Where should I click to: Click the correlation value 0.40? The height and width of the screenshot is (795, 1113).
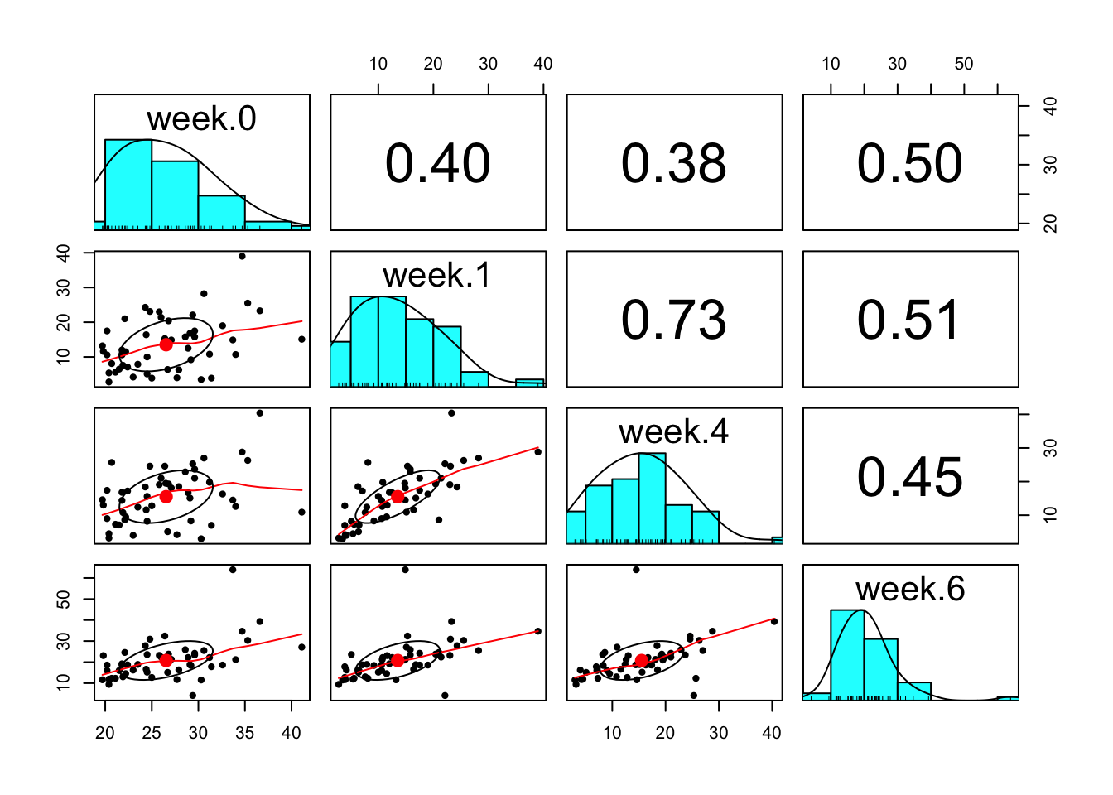(437, 163)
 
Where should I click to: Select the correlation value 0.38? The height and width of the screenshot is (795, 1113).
(674, 163)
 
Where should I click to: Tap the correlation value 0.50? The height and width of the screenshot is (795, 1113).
(910, 163)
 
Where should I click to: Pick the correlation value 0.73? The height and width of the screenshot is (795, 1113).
(674, 320)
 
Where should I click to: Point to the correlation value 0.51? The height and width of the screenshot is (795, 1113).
(910, 320)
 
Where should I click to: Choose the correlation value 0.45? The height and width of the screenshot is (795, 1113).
(910, 477)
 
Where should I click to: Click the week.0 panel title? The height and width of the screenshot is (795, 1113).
(201, 119)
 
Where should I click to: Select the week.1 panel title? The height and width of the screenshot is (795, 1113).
(437, 276)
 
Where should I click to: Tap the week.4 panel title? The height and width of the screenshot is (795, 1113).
(673, 432)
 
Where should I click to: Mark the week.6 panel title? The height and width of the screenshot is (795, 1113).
(910, 590)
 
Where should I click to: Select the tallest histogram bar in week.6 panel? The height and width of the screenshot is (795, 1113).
(847, 654)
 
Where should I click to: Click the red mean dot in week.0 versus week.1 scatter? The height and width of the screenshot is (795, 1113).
(166, 344)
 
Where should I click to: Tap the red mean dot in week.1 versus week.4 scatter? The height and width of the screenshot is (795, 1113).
(397, 497)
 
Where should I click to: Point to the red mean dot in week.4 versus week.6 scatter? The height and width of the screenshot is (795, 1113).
(641, 661)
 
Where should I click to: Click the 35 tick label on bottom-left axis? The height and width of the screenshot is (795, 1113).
(244, 733)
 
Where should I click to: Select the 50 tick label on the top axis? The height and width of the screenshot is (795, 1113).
(964, 65)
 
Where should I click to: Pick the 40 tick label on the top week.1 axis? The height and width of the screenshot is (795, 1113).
(543, 65)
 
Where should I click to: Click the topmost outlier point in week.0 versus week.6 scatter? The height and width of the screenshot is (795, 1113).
(233, 570)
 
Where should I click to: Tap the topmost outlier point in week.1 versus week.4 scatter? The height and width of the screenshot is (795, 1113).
(451, 413)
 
